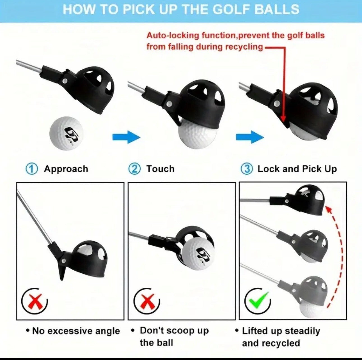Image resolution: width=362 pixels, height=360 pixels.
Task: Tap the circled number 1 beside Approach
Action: click(32, 169)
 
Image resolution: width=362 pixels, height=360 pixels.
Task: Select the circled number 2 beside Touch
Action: click(134, 169)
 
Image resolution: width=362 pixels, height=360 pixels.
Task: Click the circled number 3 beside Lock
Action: click(247, 169)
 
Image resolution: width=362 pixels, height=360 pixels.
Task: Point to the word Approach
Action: click(66, 169)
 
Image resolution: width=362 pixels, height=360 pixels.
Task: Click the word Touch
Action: click(160, 169)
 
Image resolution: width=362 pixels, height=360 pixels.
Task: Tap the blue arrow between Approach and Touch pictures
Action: click(126, 137)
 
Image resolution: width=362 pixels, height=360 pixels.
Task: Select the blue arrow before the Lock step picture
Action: click(249, 137)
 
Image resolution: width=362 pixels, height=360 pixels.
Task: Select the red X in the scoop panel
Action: click(147, 301)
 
